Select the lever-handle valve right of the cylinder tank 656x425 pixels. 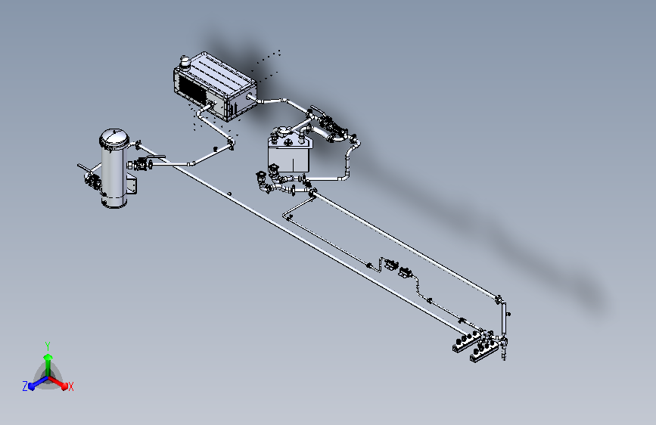(145, 163)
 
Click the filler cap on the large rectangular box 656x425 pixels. (185, 62)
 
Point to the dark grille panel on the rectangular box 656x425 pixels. (191, 91)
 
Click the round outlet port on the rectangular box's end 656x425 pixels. (250, 98)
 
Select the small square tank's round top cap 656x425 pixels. (284, 132)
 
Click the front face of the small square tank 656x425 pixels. (289, 159)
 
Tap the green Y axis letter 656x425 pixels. (48, 346)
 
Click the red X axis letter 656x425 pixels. (70, 386)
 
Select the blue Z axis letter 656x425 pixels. (25, 386)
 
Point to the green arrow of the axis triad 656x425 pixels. (48, 364)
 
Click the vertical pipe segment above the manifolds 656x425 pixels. (503, 318)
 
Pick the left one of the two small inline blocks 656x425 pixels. (390, 265)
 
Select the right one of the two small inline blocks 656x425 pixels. (405, 272)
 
